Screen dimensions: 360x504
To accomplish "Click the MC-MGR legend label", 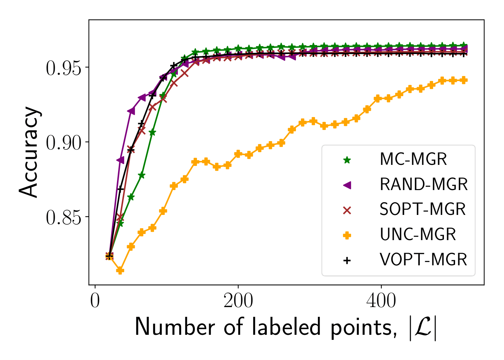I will click(x=413, y=159).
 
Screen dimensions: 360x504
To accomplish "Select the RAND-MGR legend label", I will click(x=423, y=185).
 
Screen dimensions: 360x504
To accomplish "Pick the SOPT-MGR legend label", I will click(x=422, y=210).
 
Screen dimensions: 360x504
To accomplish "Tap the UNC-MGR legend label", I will click(x=418, y=235).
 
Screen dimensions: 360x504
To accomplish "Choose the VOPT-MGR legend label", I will click(x=423, y=260).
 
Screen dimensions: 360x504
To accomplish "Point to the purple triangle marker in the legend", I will click(x=347, y=185).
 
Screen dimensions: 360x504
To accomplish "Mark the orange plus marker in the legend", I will click(x=347, y=235).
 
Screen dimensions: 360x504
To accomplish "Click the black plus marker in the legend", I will click(x=347, y=260).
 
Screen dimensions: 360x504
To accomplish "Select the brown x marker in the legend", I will click(x=347, y=210).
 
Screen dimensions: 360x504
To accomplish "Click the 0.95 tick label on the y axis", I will click(x=63, y=68).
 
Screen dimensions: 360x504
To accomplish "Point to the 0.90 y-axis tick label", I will click(x=63, y=143).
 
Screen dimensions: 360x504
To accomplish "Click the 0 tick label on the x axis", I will click(x=95, y=301).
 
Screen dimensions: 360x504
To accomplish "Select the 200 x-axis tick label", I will click(x=238, y=301).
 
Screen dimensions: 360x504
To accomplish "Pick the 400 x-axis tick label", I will click(x=381, y=301).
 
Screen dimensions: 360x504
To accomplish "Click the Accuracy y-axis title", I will click(x=29, y=152).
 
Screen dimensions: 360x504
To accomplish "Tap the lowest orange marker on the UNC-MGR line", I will click(x=120, y=270).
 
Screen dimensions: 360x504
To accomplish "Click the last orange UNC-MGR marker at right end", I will click(x=464, y=80).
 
